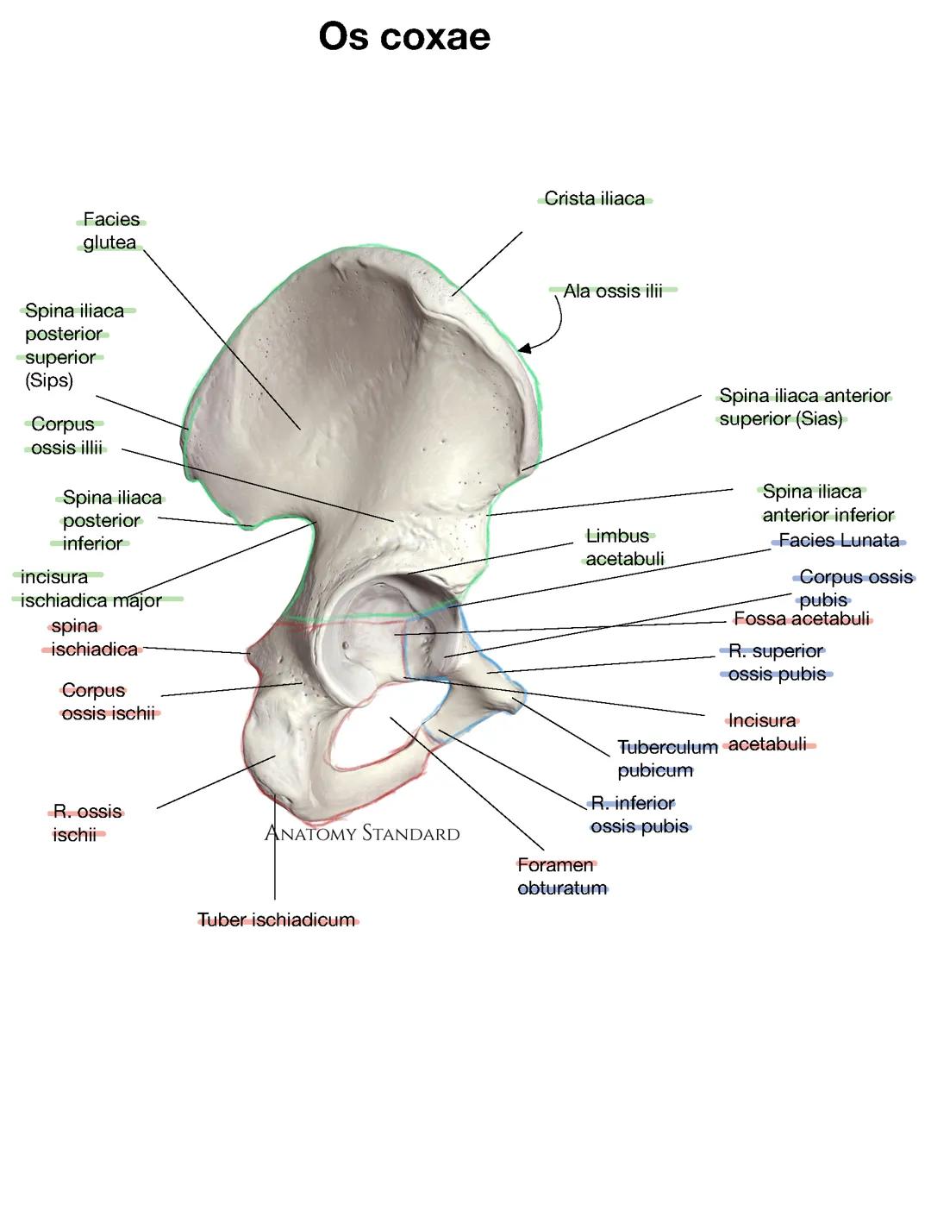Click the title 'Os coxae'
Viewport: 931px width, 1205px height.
click(404, 37)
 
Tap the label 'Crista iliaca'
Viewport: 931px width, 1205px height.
click(594, 199)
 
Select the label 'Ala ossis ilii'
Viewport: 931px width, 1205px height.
click(613, 292)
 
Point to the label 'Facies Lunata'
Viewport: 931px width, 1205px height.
click(839, 541)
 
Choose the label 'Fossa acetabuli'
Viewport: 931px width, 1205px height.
click(802, 619)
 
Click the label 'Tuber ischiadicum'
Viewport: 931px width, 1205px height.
click(277, 920)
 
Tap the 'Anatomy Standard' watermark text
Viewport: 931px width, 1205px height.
click(361, 833)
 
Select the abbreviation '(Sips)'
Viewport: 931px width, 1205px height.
click(49, 380)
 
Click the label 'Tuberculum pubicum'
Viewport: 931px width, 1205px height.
click(666, 759)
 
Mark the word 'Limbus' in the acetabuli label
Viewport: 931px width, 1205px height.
click(617, 537)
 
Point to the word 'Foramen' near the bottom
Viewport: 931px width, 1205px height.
click(555, 865)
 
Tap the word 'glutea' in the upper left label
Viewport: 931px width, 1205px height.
click(109, 243)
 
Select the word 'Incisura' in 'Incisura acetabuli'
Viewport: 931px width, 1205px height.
click(762, 721)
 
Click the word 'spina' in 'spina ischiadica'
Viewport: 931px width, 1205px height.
click(75, 627)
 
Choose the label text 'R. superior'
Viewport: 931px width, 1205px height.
click(776, 651)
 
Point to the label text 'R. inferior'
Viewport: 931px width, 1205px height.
click(633, 804)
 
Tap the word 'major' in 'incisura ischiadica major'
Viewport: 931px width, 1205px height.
click(140, 601)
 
